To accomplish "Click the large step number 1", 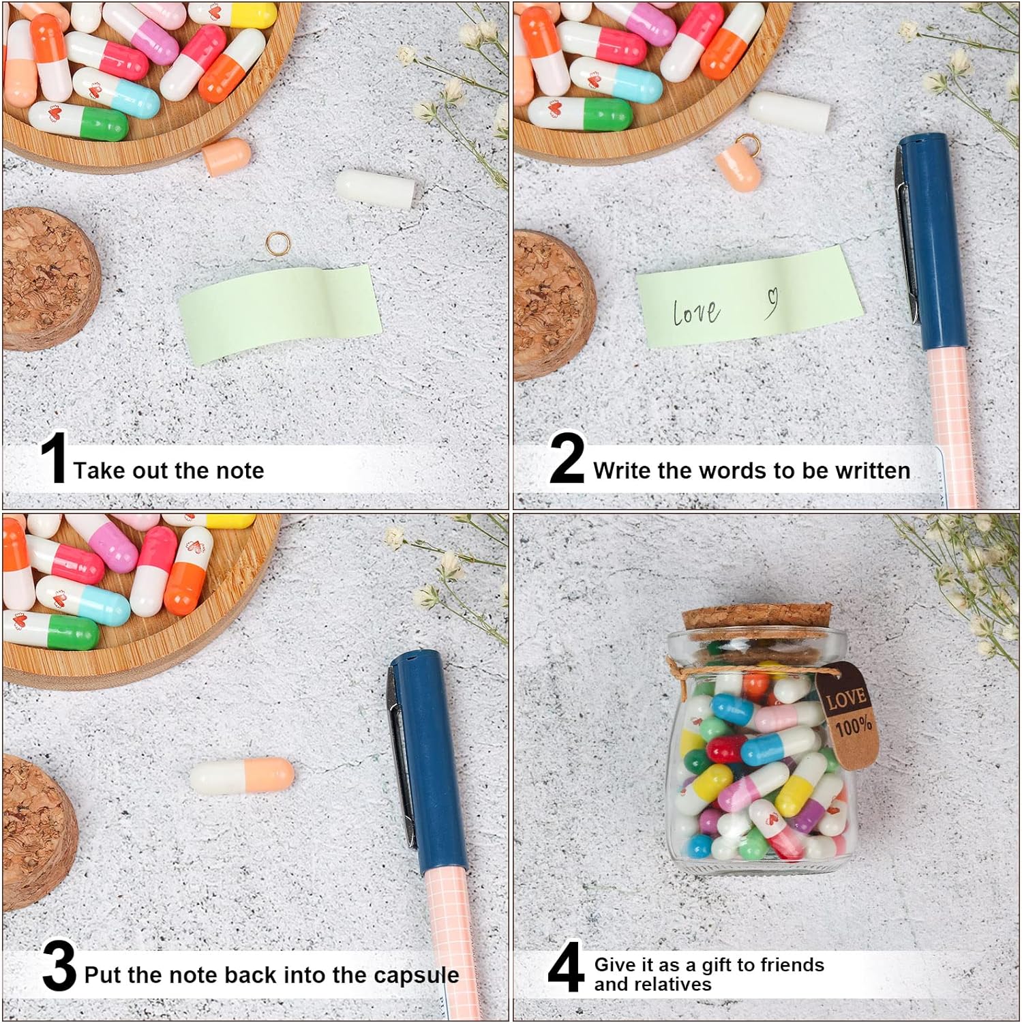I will click(53, 458).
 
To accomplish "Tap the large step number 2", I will click(567, 458).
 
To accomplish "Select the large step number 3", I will click(59, 966).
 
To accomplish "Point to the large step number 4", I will click(565, 967).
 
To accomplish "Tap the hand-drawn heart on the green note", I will click(771, 301).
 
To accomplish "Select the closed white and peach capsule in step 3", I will click(241, 776).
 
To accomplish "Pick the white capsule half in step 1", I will click(374, 186).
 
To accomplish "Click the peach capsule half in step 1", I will click(226, 157).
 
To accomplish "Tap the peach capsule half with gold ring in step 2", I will click(738, 170).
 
